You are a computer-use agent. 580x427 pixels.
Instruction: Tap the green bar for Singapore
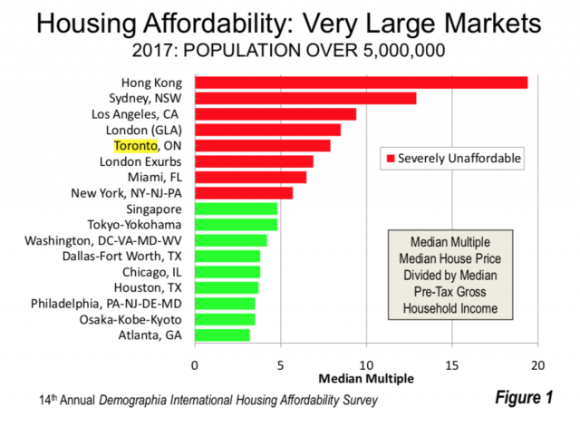click(x=236, y=209)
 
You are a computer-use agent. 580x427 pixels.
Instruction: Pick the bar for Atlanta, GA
click(x=222, y=335)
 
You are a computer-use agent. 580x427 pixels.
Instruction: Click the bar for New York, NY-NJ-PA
click(x=244, y=193)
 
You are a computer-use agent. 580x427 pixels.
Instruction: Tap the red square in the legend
click(x=392, y=159)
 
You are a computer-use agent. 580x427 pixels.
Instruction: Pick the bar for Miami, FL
click(x=250, y=177)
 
